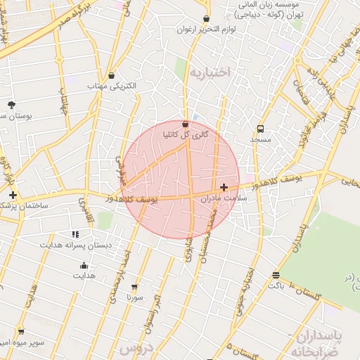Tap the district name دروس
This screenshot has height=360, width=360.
136,348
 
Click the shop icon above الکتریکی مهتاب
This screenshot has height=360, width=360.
112,75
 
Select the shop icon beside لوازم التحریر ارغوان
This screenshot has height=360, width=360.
206,19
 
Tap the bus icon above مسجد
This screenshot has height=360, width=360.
261,129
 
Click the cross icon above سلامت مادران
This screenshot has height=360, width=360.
224,187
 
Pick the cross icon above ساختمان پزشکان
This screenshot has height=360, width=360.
13,194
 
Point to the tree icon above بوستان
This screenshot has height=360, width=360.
11,103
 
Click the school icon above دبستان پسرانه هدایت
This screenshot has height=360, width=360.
75,234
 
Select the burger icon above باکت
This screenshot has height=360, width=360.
275,275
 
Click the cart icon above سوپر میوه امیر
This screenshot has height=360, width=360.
20,331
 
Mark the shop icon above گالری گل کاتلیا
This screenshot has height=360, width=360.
185,123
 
